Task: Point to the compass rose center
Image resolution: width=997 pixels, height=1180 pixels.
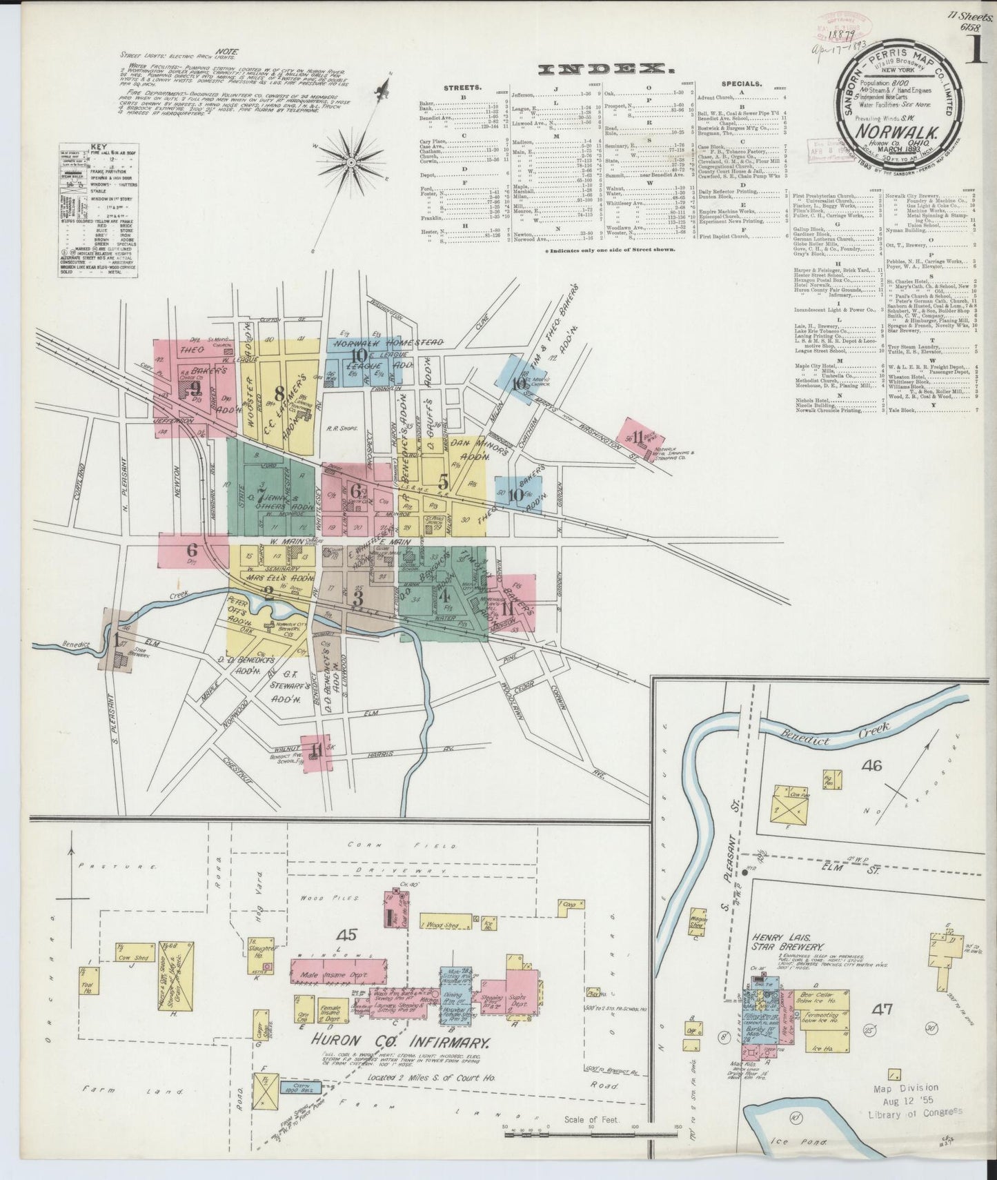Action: [x=351, y=162]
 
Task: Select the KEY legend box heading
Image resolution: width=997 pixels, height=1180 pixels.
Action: [x=97, y=146]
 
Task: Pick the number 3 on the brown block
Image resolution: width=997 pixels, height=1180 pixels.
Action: [x=357, y=598]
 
